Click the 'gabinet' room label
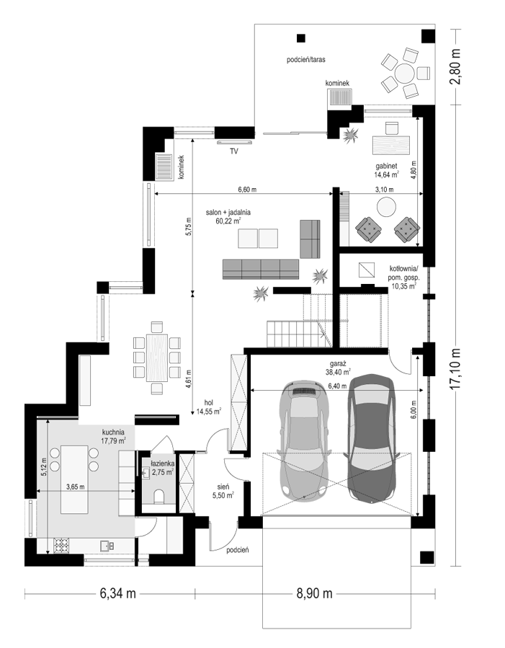(x=386, y=166)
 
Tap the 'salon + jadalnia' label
(x=228, y=213)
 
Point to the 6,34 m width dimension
(x=117, y=593)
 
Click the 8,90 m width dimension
(x=314, y=593)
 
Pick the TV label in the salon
(x=234, y=151)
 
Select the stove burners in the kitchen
(x=61, y=545)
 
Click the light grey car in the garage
(x=304, y=440)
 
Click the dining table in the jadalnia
(x=157, y=358)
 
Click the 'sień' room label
(x=223, y=487)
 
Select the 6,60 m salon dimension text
(x=246, y=190)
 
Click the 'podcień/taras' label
(x=306, y=60)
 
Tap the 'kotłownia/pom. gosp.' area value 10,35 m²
(x=402, y=285)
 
